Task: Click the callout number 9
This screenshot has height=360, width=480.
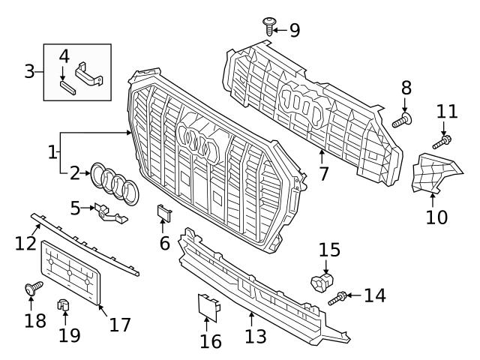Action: (x=294, y=30)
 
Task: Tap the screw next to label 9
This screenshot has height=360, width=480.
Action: (x=268, y=26)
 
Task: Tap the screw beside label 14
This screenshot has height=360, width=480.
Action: (x=338, y=298)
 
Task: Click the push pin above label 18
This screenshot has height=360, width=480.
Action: (x=34, y=289)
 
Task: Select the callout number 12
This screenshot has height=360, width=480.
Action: (x=25, y=242)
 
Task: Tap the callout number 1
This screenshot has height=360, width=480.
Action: (x=52, y=152)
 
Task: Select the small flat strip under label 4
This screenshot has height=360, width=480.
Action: (x=68, y=85)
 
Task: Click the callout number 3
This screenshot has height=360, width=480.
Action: (x=30, y=72)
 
